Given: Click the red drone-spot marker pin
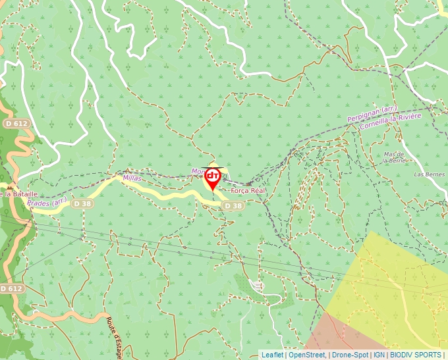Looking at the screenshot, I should tap(213, 178).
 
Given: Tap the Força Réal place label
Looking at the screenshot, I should tap(248, 190).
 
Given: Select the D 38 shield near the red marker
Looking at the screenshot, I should tap(233, 206).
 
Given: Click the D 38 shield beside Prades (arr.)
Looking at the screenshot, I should tap(82, 204).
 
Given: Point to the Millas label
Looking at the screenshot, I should tap(132, 178).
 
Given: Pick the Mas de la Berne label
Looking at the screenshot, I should tap(393, 156).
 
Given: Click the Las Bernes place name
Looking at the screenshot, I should tap(429, 174).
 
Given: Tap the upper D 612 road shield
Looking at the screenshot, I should tap(16, 124).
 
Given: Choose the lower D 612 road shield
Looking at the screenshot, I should tap(13, 288).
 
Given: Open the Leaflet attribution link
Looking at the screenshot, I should tap(272, 355).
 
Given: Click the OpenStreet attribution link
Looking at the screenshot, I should tap(307, 355).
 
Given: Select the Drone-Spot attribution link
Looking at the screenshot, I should tap(350, 355).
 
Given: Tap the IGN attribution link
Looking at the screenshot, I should tap(379, 355).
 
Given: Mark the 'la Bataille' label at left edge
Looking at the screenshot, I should tap(18, 194).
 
